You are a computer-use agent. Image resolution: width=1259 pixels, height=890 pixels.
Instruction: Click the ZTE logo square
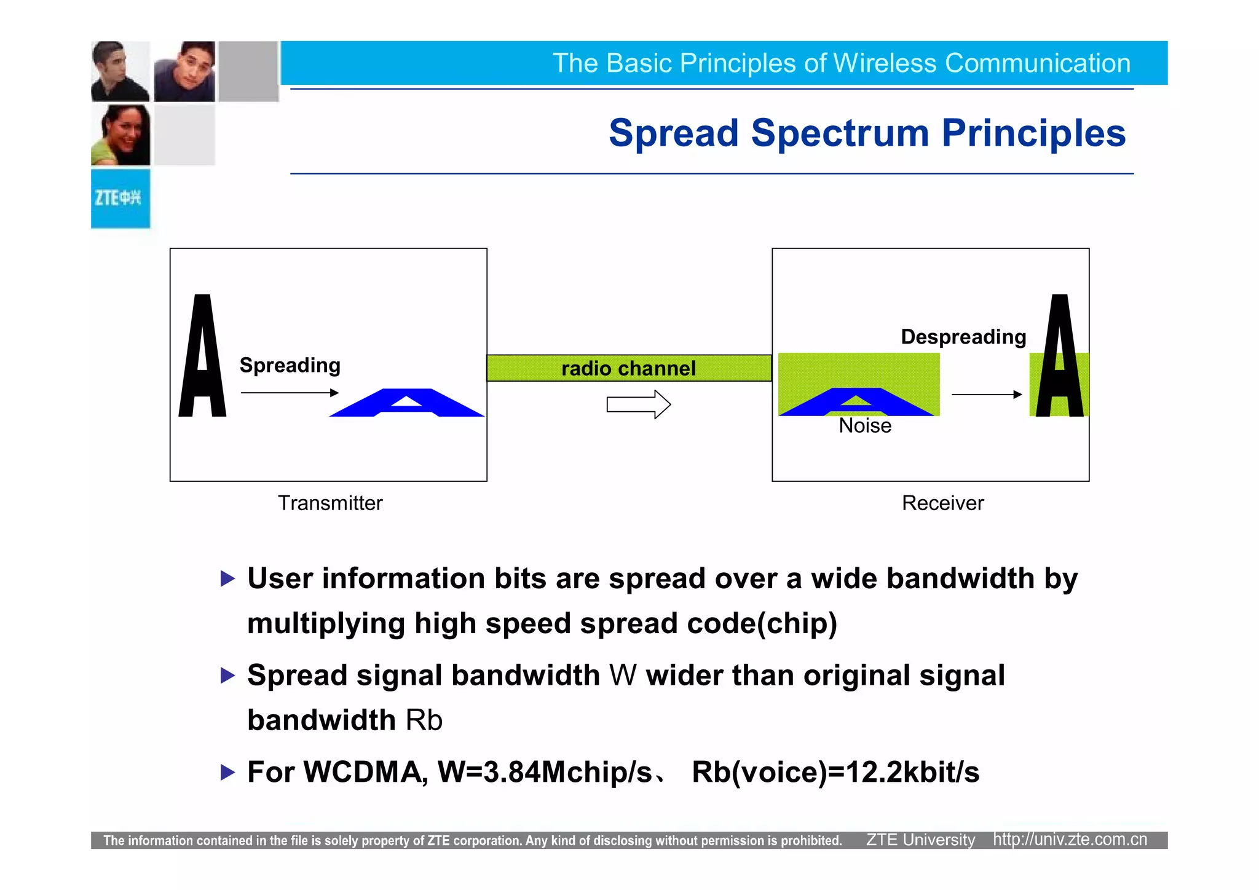[x=120, y=199]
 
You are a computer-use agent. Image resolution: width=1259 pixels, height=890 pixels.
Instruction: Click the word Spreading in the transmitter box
[x=290, y=365]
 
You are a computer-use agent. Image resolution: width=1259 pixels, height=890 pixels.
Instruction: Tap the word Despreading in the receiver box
[x=963, y=337]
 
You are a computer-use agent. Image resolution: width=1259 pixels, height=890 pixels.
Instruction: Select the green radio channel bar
[x=628, y=368]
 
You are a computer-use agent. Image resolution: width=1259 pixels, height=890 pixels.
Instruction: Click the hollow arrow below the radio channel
[x=638, y=404]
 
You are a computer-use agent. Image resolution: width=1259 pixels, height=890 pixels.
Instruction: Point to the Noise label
[x=865, y=426]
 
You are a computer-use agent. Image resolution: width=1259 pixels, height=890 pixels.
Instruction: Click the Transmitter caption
[x=330, y=503]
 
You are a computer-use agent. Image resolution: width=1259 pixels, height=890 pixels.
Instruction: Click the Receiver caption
[x=942, y=503]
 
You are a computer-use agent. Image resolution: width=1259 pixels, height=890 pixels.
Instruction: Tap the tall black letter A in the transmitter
[x=202, y=356]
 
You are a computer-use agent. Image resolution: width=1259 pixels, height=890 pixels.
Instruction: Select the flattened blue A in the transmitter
[x=406, y=403]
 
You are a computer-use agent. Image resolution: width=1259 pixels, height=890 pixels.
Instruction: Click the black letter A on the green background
[x=1059, y=356]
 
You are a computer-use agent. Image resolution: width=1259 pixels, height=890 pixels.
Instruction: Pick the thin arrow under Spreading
[x=290, y=393]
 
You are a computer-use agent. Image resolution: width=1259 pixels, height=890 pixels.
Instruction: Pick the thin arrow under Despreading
[x=986, y=395]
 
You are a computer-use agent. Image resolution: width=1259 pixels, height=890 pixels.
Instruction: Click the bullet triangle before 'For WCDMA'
[x=227, y=772]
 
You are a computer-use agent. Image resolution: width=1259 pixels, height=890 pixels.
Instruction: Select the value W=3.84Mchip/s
[x=545, y=772]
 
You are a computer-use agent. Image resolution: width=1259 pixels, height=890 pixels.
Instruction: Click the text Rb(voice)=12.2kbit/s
[x=835, y=772]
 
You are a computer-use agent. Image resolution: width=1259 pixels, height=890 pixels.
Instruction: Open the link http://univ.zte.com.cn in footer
[x=1070, y=840]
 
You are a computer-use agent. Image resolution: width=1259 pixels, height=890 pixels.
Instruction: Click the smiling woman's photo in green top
[x=120, y=135]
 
